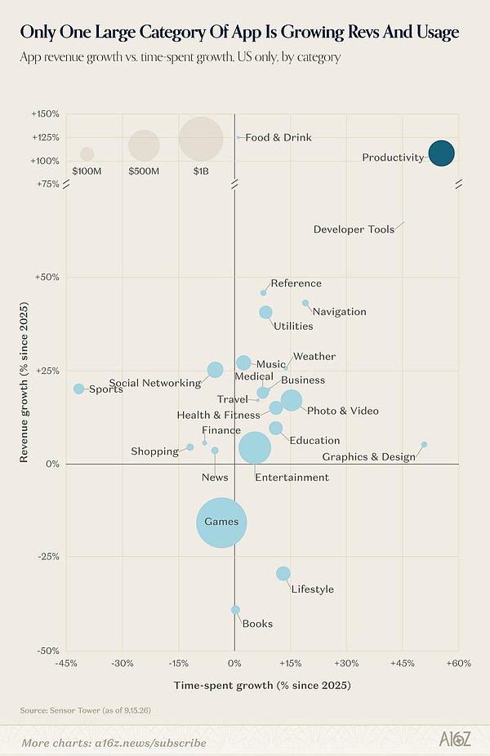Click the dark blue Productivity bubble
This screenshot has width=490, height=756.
click(441, 153)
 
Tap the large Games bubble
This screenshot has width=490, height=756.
click(221, 523)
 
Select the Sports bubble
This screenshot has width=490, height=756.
click(79, 389)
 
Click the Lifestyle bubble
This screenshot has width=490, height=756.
click(283, 573)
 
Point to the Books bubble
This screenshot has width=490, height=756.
click(235, 610)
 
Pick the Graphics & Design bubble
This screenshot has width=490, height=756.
click(424, 444)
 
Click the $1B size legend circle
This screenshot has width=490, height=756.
click(201, 139)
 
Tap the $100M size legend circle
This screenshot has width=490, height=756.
click(87, 154)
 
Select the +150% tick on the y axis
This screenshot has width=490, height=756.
click(46, 113)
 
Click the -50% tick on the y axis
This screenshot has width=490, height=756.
click(49, 651)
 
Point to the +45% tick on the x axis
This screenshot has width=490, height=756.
click(403, 664)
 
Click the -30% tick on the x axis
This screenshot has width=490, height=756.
click(122, 664)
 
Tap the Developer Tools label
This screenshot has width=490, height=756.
click(354, 229)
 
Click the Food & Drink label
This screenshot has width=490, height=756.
click(278, 137)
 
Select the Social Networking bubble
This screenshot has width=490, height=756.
click(215, 370)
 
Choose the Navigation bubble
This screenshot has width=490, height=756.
click(305, 303)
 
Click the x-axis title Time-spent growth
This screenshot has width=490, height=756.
click(262, 685)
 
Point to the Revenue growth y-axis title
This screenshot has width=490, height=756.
click(24, 382)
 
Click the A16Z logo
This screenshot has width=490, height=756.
click(455, 738)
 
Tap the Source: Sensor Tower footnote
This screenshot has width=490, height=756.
click(86, 710)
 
